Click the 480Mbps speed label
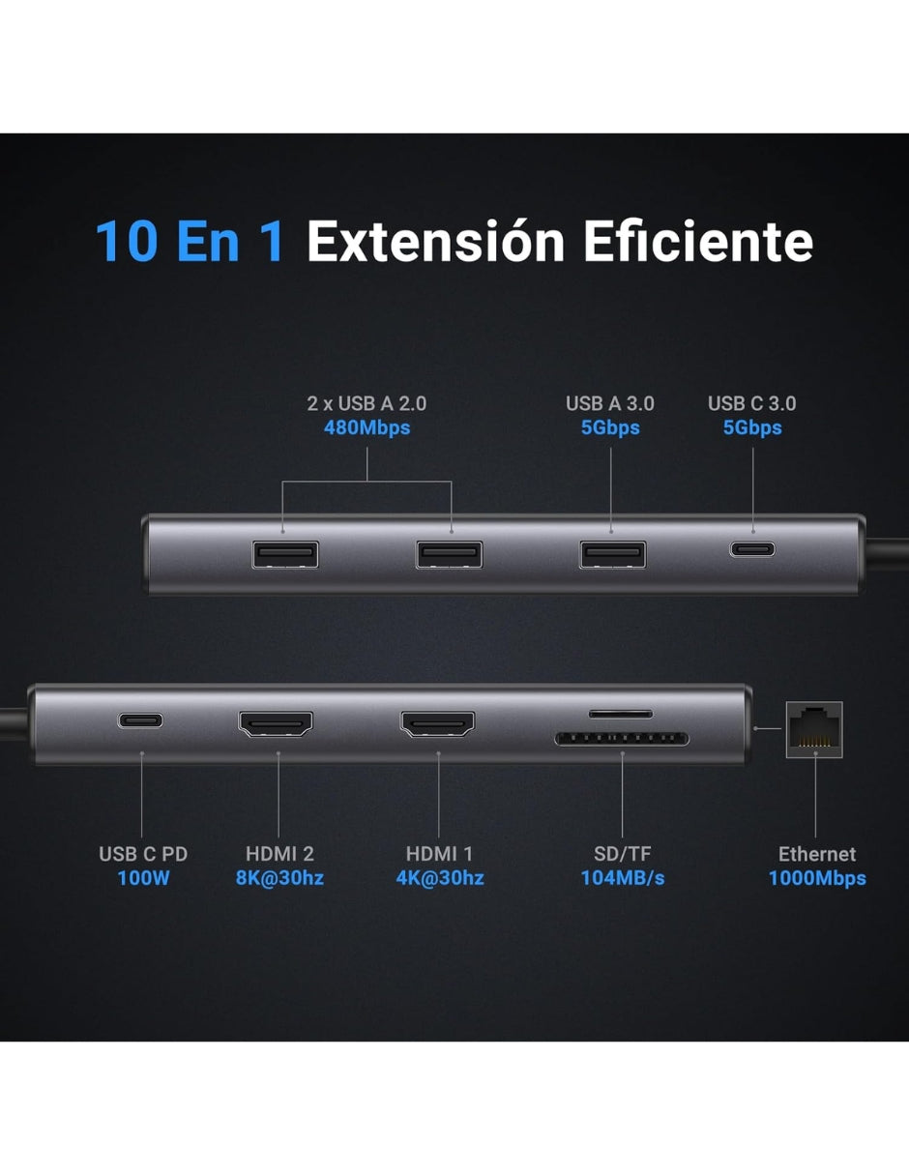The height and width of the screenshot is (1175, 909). point(367,427)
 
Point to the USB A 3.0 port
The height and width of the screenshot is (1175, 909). point(612,554)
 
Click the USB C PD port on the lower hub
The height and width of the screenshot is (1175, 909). point(140,720)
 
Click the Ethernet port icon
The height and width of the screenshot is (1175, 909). point(814,730)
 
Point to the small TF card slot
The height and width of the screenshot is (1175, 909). point(621,714)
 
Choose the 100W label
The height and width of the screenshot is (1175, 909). point(143,878)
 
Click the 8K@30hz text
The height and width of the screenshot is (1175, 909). point(279,878)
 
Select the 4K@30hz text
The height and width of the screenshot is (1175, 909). point(440,878)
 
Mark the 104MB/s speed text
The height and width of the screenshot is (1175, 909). point(622,878)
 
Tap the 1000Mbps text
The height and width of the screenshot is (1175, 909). point(817,878)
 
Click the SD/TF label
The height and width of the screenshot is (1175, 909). point(622,854)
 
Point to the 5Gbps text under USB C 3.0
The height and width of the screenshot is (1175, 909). point(752,427)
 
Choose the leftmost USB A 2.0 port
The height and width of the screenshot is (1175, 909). point(285,554)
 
